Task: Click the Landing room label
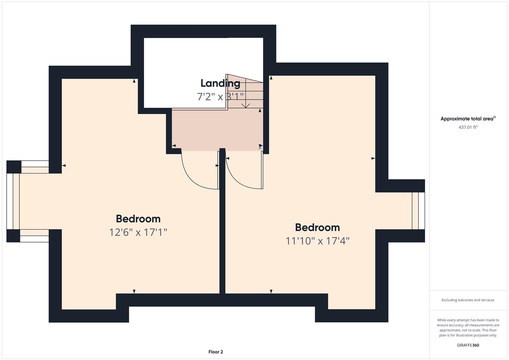click(x=220, y=83)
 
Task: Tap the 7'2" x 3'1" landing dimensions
click(x=220, y=97)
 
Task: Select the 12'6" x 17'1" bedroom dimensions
click(x=138, y=232)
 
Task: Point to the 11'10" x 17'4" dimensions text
click(x=317, y=241)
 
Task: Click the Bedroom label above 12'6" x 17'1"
click(x=138, y=219)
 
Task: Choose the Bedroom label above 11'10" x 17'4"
click(x=317, y=227)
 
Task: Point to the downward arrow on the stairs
click(x=246, y=105)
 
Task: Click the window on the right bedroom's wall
click(x=418, y=211)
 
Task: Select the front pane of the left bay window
click(x=10, y=201)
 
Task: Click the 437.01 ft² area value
click(x=468, y=127)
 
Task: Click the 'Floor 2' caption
click(x=216, y=352)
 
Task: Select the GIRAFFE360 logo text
click(x=468, y=345)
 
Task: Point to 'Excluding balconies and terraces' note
click(x=468, y=300)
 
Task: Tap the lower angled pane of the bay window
click(x=34, y=236)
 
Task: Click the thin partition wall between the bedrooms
click(x=222, y=233)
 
